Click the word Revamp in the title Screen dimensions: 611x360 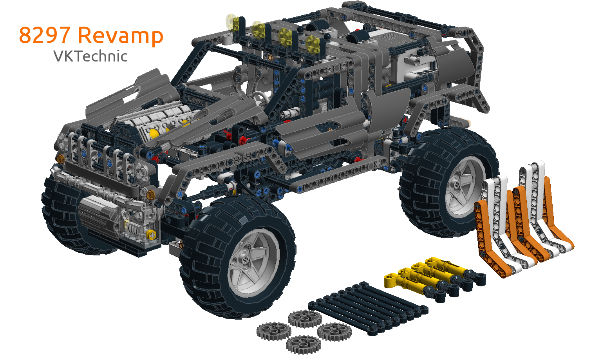121,36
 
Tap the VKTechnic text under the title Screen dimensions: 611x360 90,56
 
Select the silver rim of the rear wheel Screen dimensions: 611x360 463,188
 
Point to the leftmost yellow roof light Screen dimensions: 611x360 233,22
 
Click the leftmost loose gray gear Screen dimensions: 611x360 274,331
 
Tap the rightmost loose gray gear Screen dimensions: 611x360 335,332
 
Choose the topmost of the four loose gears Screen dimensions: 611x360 305,318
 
